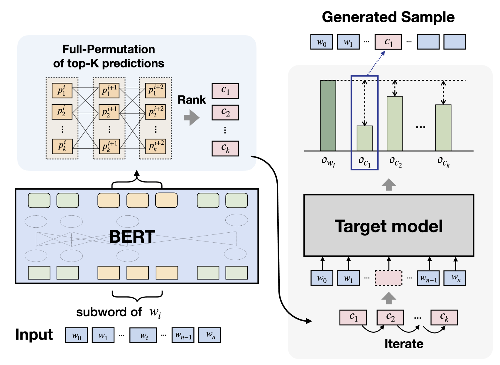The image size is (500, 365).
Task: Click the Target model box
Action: point(389,226)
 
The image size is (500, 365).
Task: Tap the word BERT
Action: point(132,237)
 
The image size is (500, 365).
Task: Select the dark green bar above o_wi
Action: point(328,116)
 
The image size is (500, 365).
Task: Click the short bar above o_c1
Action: point(364,138)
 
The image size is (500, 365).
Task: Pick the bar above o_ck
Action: point(443,128)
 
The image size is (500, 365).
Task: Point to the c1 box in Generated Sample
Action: point(388,42)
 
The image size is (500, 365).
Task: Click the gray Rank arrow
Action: point(192,117)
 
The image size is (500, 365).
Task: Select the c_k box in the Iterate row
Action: point(444,317)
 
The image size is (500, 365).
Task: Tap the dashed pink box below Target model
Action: point(388,278)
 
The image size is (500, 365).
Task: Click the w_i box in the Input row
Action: point(143,335)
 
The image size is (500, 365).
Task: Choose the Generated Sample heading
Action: point(388,17)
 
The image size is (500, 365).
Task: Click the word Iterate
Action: point(404,344)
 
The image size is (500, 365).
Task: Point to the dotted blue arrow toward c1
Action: point(376,63)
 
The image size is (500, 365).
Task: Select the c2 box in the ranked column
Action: point(225,112)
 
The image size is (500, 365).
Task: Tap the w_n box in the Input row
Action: point(210,335)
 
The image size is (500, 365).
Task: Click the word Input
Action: point(34,335)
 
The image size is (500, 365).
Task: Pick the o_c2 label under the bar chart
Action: point(396,162)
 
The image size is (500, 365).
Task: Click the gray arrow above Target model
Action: point(389,184)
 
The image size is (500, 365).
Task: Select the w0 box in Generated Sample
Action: point(322,42)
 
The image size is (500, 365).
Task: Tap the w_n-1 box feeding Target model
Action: point(428,278)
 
